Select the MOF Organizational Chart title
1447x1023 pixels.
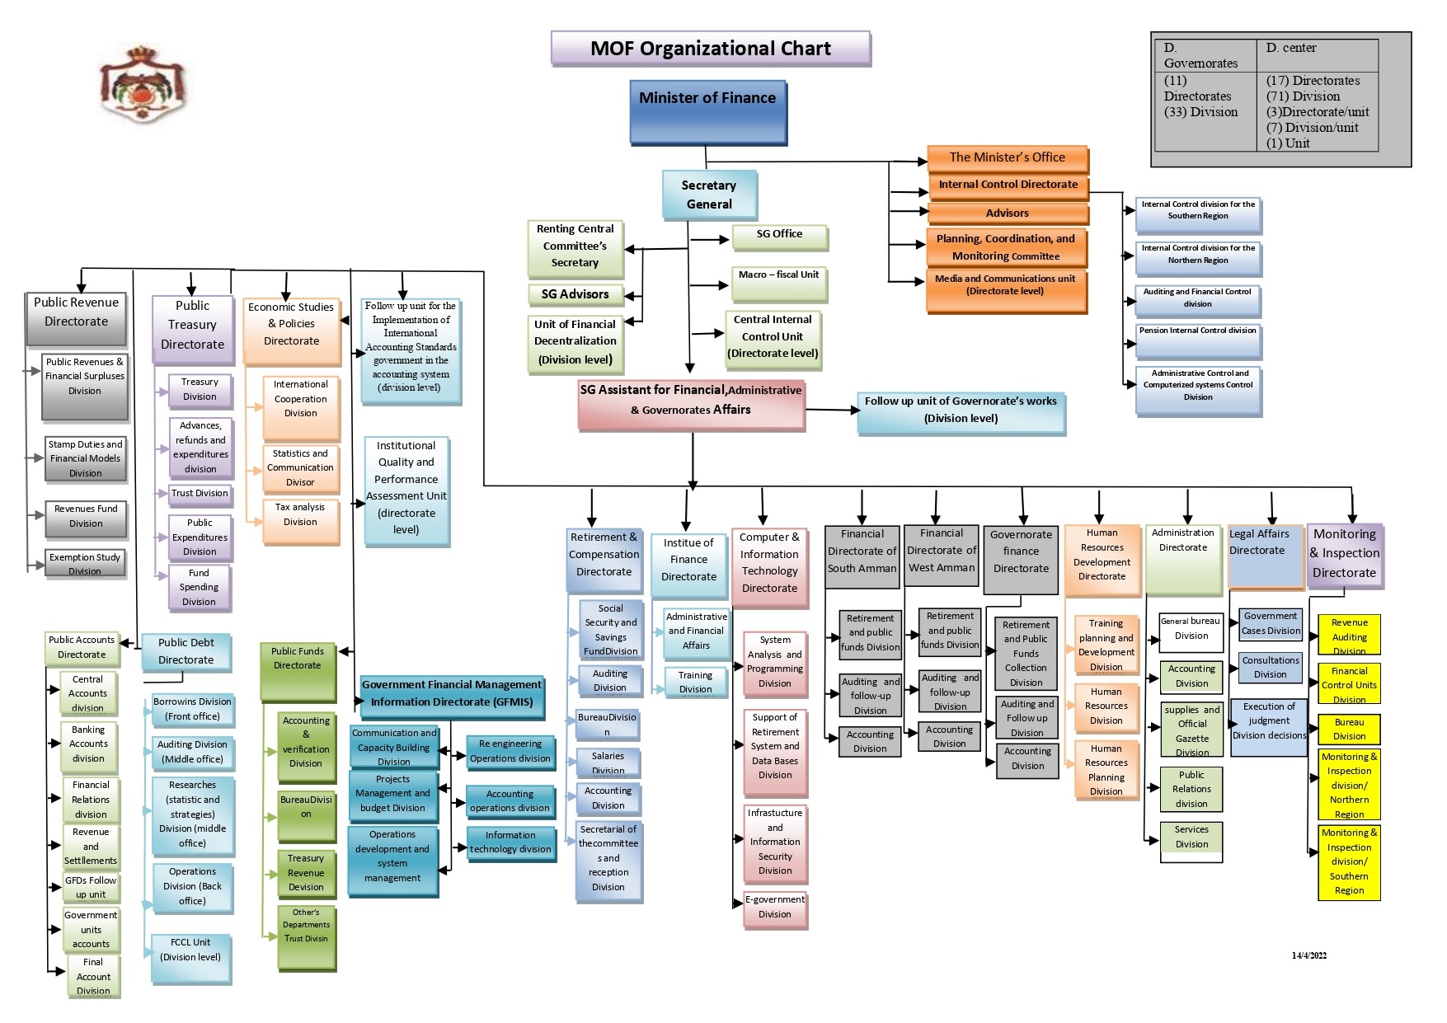click(710, 49)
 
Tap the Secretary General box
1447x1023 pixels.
click(709, 195)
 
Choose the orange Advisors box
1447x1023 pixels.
click(1008, 214)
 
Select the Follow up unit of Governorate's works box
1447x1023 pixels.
click(961, 411)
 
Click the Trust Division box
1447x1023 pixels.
click(200, 494)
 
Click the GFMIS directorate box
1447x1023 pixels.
click(452, 694)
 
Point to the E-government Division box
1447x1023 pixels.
click(775, 908)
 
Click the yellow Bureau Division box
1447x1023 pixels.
click(1349, 730)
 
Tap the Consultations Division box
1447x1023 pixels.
click(1270, 667)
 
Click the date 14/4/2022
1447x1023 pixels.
click(1309, 955)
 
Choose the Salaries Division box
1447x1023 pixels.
click(608, 763)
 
